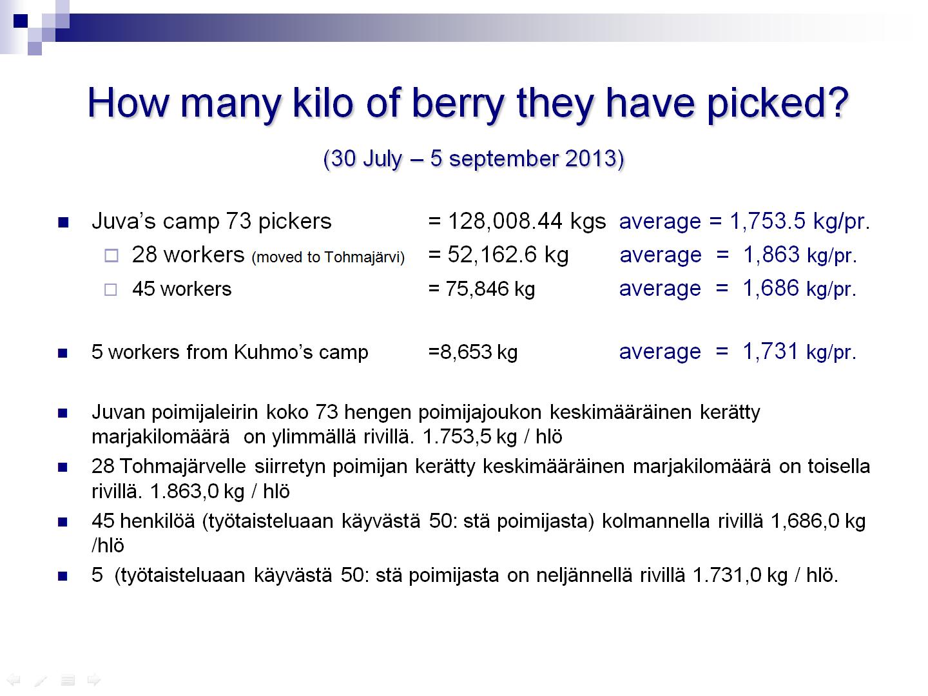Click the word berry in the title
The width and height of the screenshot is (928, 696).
[x=458, y=104]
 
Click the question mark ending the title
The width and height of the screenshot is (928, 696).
[x=836, y=102]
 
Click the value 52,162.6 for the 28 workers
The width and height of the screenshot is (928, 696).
[x=492, y=255]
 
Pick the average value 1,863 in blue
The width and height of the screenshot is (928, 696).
[x=771, y=255]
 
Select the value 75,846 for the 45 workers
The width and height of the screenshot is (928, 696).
[x=477, y=289]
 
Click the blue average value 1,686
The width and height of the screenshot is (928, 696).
[x=771, y=289]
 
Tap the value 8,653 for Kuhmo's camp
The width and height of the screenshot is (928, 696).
[x=466, y=352]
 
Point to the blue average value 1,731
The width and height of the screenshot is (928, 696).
[x=770, y=351]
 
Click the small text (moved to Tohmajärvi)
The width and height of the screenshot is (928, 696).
[x=328, y=257]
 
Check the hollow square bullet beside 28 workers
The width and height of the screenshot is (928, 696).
[x=111, y=256]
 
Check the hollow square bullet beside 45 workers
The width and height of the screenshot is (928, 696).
[x=111, y=289]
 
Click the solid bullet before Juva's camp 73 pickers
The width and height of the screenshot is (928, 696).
[x=63, y=222]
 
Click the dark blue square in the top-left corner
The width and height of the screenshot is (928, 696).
[x=20, y=21]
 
